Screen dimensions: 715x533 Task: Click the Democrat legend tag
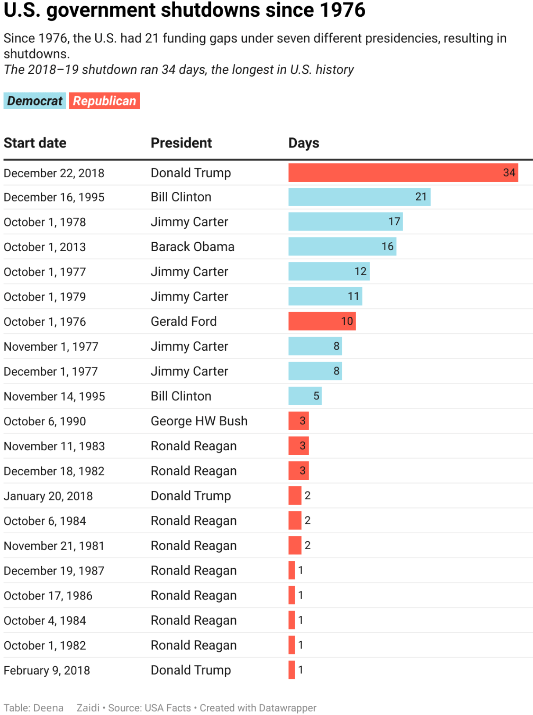pyautogui.click(x=35, y=101)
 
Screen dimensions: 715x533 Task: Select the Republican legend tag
pyautogui.click(x=104, y=101)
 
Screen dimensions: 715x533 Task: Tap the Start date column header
pyautogui.click(x=35, y=143)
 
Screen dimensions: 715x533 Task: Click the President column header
pyautogui.click(x=181, y=143)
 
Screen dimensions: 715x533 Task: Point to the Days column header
pyautogui.click(x=304, y=143)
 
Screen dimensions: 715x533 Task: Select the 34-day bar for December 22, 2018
pyautogui.click(x=403, y=172)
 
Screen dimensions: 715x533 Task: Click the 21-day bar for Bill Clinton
pyautogui.click(x=359, y=197)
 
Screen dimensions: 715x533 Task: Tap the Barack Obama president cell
pyautogui.click(x=192, y=247)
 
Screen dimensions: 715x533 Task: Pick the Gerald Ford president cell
pyautogui.click(x=184, y=321)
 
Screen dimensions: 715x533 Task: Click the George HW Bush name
pyautogui.click(x=199, y=421)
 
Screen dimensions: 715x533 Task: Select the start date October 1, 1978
pyautogui.click(x=45, y=222)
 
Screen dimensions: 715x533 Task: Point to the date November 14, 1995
pyautogui.click(x=54, y=396)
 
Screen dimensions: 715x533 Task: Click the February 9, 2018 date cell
pyautogui.click(x=47, y=670)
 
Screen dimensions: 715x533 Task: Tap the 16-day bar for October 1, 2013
pyautogui.click(x=342, y=247)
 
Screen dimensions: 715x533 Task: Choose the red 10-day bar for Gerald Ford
pyautogui.click(x=322, y=321)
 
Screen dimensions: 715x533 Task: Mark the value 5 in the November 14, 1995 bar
pyautogui.click(x=316, y=396)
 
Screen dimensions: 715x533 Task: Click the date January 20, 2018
pyautogui.click(x=48, y=496)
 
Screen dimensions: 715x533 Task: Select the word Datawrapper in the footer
pyautogui.click(x=288, y=708)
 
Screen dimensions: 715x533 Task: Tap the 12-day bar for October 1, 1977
pyautogui.click(x=329, y=271)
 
